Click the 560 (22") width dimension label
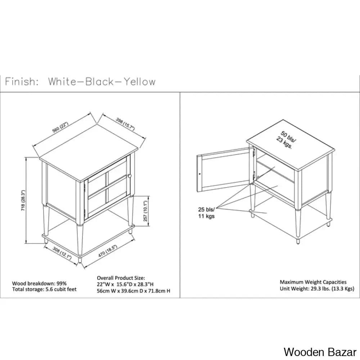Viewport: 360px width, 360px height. [x=60, y=127]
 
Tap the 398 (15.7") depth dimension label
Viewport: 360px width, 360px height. [x=125, y=124]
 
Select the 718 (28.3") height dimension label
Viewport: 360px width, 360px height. [x=23, y=201]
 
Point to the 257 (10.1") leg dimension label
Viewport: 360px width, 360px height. [x=145, y=211]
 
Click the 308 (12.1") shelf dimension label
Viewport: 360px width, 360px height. [x=62, y=253]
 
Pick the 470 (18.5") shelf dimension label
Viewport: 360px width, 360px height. [x=108, y=250]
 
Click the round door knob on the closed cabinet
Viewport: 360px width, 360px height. [x=130, y=176]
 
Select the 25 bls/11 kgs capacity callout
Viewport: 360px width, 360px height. [x=206, y=213]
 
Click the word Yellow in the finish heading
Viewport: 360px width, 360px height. [x=140, y=82]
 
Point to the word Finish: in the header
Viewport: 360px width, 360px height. [x=22, y=82]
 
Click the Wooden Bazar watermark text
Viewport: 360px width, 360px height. [x=320, y=352]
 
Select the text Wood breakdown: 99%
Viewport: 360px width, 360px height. [x=39, y=284]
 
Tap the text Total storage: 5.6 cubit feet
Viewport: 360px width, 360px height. [x=44, y=289]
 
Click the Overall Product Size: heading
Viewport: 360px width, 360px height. [x=121, y=278]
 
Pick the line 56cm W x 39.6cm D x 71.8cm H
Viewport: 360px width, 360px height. [x=134, y=291]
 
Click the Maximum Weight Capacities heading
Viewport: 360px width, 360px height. [x=313, y=282]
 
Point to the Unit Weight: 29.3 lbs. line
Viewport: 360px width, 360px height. [x=317, y=289]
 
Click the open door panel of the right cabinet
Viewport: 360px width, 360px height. [x=224, y=170]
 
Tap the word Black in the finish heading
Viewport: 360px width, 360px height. [x=99, y=82]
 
